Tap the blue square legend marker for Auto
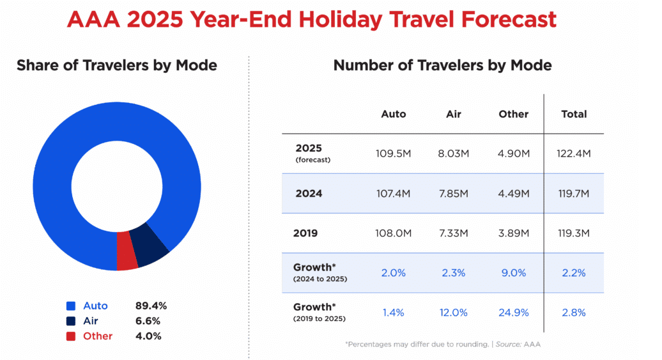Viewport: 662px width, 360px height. pos(71,306)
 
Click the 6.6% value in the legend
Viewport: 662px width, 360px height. pos(148,321)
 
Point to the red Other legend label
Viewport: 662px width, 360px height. pos(98,336)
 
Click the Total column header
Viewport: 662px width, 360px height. pos(573,114)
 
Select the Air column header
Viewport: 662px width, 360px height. pos(454,114)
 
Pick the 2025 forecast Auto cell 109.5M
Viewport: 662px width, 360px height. pos(394,153)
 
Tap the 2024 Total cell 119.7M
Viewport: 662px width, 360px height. pos(573,193)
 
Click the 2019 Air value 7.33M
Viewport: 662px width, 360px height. pos(454,233)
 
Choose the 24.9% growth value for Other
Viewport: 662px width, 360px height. pos(514,313)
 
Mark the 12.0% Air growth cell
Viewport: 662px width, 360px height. pos(454,313)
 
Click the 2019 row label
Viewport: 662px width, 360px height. pos(305,233)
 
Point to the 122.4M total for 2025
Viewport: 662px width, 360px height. pos(573,153)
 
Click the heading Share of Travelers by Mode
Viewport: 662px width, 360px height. pos(117,65)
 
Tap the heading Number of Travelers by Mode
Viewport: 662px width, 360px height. pos(443,65)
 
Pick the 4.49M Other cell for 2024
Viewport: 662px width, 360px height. pos(514,193)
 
